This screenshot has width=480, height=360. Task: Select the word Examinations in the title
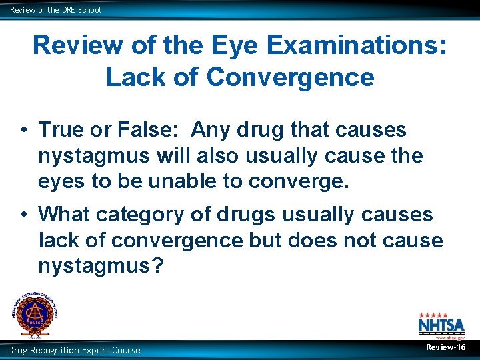click(x=355, y=45)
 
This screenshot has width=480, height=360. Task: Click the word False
click(x=147, y=129)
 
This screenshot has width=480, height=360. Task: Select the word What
click(x=64, y=215)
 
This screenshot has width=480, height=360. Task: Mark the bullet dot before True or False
click(x=23, y=131)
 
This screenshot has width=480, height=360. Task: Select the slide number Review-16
click(x=446, y=347)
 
